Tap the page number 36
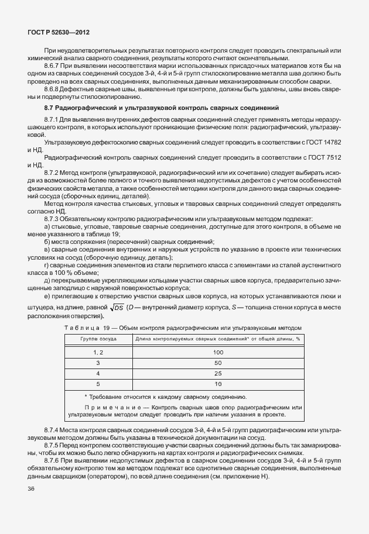pyautogui.click(x=31, y=489)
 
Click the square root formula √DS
pyautogui.click(x=112, y=308)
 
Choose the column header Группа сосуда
pyautogui.click(x=98, y=339)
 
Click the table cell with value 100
pyautogui.click(x=218, y=352)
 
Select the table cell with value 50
pyautogui.click(x=218, y=363)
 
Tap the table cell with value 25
pyautogui.click(x=218, y=373)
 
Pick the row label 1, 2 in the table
pyautogui.click(x=98, y=352)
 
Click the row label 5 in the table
pyautogui.click(x=98, y=384)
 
